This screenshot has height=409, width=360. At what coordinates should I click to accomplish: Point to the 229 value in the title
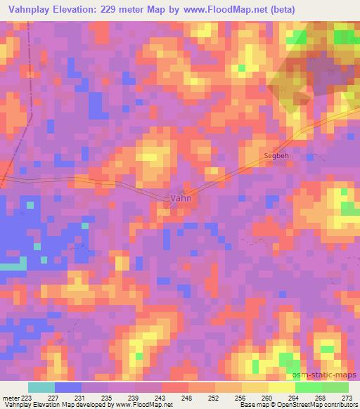click(x=119, y=9)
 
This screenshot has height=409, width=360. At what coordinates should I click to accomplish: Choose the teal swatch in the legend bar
click(x=41, y=387)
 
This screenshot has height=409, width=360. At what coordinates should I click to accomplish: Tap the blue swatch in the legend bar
click(x=67, y=387)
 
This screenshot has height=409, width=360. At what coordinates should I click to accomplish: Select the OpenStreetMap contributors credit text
click(x=317, y=405)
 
